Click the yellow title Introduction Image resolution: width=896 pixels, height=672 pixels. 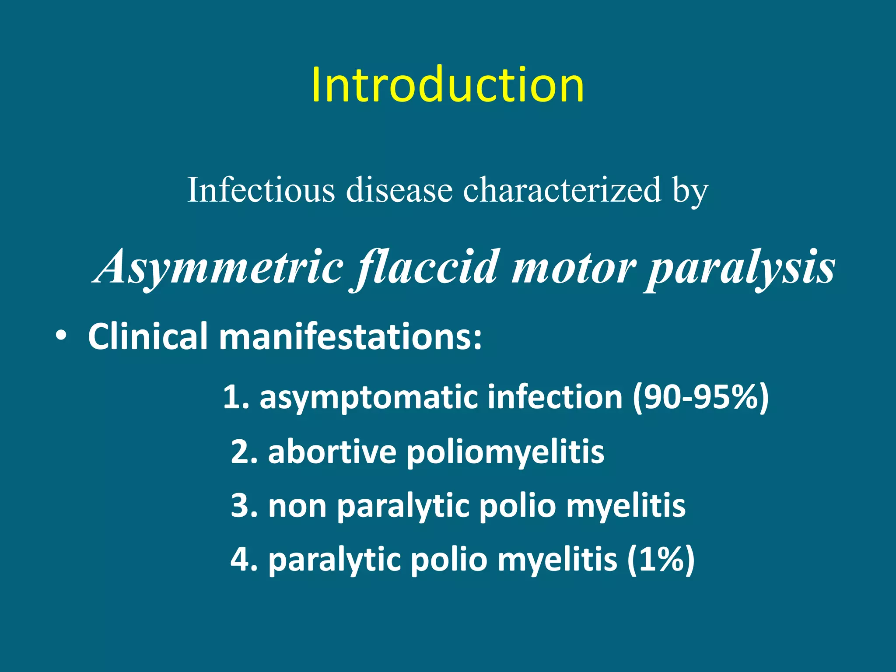448,85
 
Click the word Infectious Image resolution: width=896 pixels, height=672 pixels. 261,190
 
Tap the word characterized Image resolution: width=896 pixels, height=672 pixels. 562,190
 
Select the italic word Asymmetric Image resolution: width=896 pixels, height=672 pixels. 219,267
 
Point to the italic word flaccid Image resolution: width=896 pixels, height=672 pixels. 427,267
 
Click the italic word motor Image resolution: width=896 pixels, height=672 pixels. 574,267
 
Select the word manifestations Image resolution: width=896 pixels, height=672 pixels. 350,336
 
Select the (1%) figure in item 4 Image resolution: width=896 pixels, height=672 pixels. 661,560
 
